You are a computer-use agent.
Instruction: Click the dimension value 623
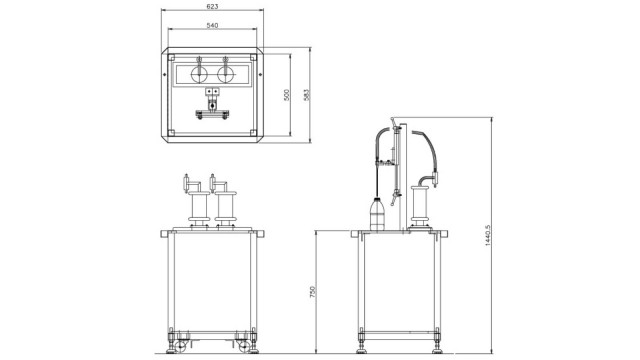click(x=212, y=6)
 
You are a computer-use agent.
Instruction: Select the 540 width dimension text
click(x=212, y=25)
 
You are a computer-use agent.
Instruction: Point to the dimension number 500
click(x=287, y=95)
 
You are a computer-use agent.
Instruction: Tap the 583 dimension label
click(x=307, y=95)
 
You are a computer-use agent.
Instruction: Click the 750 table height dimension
click(x=313, y=291)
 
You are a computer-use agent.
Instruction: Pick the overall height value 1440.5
click(x=487, y=236)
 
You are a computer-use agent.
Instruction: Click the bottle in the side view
click(x=377, y=213)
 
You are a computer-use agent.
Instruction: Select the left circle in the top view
click(x=199, y=75)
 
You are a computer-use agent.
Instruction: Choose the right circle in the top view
click(x=225, y=75)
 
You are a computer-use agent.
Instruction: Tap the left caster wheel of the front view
click(x=180, y=347)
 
